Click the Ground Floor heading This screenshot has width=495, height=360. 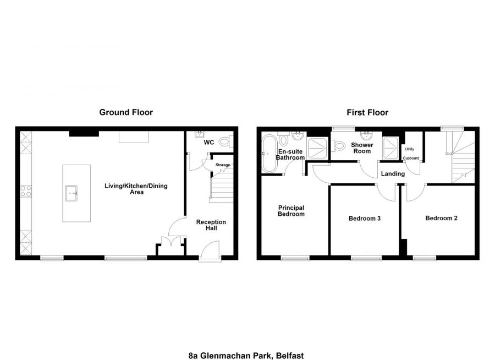coord(126,112)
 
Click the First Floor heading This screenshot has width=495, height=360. coord(367,112)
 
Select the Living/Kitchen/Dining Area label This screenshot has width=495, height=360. coord(136,189)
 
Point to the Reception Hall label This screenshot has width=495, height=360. coord(211,226)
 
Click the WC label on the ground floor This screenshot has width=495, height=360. coord(209,143)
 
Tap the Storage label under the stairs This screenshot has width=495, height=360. coord(223,165)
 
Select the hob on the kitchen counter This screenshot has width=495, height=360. coord(26,191)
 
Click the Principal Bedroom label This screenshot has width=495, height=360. coord(291,211)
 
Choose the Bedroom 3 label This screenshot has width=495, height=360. coord(365,219)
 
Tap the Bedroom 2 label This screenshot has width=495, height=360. coord(441,218)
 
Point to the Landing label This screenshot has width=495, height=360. coord(393,174)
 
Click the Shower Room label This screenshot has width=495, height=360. coord(362,148)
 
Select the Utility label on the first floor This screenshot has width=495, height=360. coord(409,149)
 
